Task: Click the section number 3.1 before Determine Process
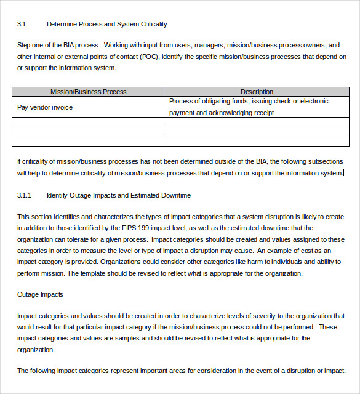tap(22, 25)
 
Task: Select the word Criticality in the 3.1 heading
tap(152, 25)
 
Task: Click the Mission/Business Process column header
tap(88, 92)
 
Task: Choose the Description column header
tap(257, 92)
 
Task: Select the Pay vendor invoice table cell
tap(45, 107)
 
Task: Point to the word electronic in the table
tap(312, 102)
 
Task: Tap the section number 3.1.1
tap(24, 195)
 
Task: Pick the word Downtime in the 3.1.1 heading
tap(175, 195)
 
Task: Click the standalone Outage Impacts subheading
tap(40, 295)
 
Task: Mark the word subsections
tap(324, 162)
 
